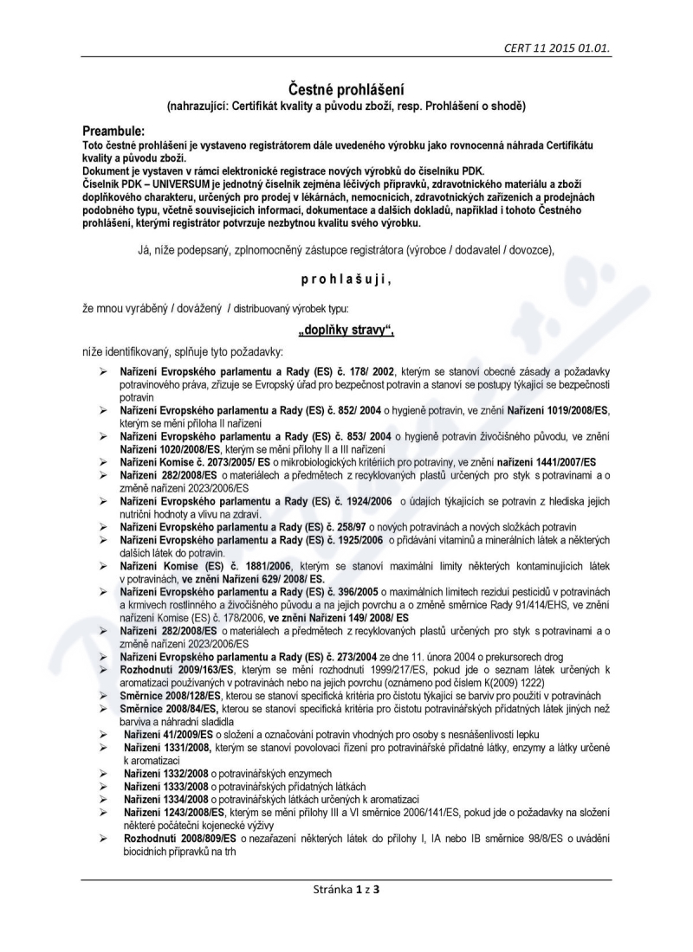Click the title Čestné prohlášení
point(346,89)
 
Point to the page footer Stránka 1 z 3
point(346,889)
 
